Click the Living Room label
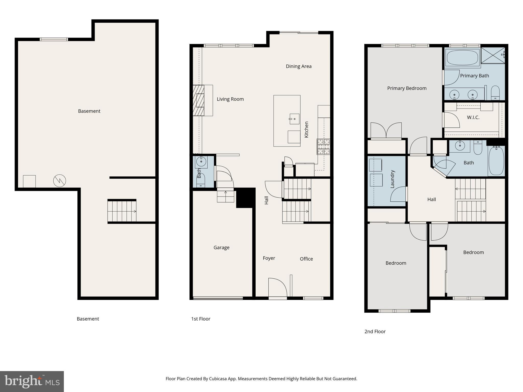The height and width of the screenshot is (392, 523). [230, 99]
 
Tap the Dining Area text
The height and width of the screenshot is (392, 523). [299, 66]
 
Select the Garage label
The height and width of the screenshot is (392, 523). [221, 248]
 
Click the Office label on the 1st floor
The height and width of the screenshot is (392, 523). [306, 259]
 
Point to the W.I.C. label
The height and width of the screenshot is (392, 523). [473, 117]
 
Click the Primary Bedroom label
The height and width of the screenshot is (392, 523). [407, 88]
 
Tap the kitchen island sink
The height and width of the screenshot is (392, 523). [294, 119]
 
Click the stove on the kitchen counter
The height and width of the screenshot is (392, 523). [323, 146]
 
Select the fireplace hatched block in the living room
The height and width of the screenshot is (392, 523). [198, 100]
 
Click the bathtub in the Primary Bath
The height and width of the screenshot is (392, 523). [462, 58]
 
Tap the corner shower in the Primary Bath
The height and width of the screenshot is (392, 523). [493, 55]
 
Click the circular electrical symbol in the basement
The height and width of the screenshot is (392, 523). [60, 181]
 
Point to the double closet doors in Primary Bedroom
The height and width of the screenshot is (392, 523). [386, 131]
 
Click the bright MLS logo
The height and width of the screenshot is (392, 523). [32, 381]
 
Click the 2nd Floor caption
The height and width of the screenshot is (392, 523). [375, 332]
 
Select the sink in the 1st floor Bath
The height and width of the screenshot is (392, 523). [201, 162]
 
